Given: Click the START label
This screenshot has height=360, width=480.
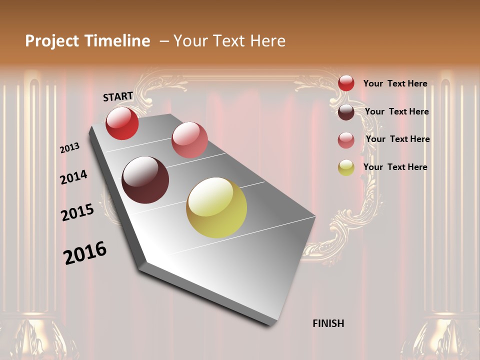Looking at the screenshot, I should point(118,96).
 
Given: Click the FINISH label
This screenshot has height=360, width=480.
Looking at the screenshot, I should point(328,323).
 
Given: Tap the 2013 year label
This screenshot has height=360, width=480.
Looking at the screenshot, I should point(69,148).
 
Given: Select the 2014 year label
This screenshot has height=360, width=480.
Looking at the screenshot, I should point(73,177).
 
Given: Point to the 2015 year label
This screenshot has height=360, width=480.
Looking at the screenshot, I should point(77,212).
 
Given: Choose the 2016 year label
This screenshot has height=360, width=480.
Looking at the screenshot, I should point(85,253).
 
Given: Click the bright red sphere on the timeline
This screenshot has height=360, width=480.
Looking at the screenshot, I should point(122,123).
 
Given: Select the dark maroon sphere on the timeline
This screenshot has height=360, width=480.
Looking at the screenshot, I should point(145,180).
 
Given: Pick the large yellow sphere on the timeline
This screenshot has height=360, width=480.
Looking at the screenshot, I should point(216,207).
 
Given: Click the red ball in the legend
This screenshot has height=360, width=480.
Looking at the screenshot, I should point(346,83).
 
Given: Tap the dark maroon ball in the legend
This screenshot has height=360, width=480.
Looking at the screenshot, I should point(346,112).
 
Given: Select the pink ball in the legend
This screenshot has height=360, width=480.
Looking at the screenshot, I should point(346,140).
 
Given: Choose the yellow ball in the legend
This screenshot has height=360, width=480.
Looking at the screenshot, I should point(346,167).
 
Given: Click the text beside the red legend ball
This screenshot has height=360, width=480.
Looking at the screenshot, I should point(395,83).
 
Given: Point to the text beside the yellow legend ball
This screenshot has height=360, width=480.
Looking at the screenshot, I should point(395,167).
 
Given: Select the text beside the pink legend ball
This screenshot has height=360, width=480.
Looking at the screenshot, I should point(397,139).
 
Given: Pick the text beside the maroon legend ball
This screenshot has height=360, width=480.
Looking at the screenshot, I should point(396,111).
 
